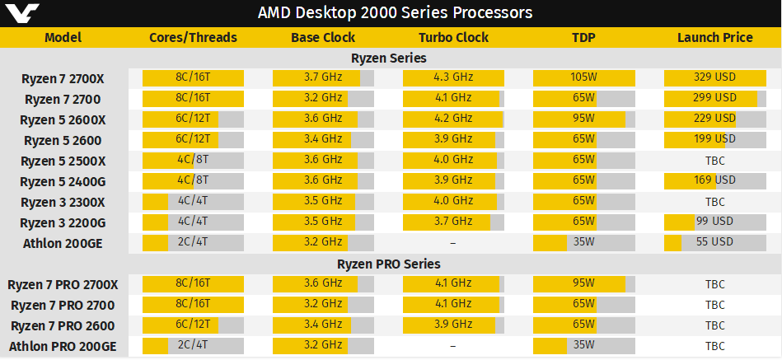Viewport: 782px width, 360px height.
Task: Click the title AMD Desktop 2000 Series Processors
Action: [395, 12]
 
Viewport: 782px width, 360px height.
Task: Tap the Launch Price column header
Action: [714, 37]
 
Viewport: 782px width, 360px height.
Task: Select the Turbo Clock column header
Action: [453, 37]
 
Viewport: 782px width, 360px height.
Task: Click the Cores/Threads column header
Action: [193, 37]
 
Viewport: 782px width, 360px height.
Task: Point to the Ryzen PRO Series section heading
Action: [389, 264]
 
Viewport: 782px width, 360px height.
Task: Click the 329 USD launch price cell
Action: [714, 78]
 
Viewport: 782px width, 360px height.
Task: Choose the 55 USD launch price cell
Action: [714, 243]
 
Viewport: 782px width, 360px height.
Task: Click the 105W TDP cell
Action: [583, 78]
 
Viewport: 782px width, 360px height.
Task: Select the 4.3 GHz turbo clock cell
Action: [453, 78]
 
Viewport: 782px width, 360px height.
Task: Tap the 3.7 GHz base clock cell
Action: [323, 78]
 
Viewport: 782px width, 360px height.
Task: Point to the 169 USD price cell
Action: [714, 181]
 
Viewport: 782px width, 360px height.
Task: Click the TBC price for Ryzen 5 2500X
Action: [714, 161]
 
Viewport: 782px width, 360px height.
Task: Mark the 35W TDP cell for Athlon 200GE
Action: [583, 243]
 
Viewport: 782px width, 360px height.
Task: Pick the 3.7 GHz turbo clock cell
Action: [453, 222]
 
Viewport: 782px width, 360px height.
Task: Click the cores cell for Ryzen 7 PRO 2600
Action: [193, 325]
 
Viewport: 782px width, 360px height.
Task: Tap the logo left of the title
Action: [19, 13]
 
